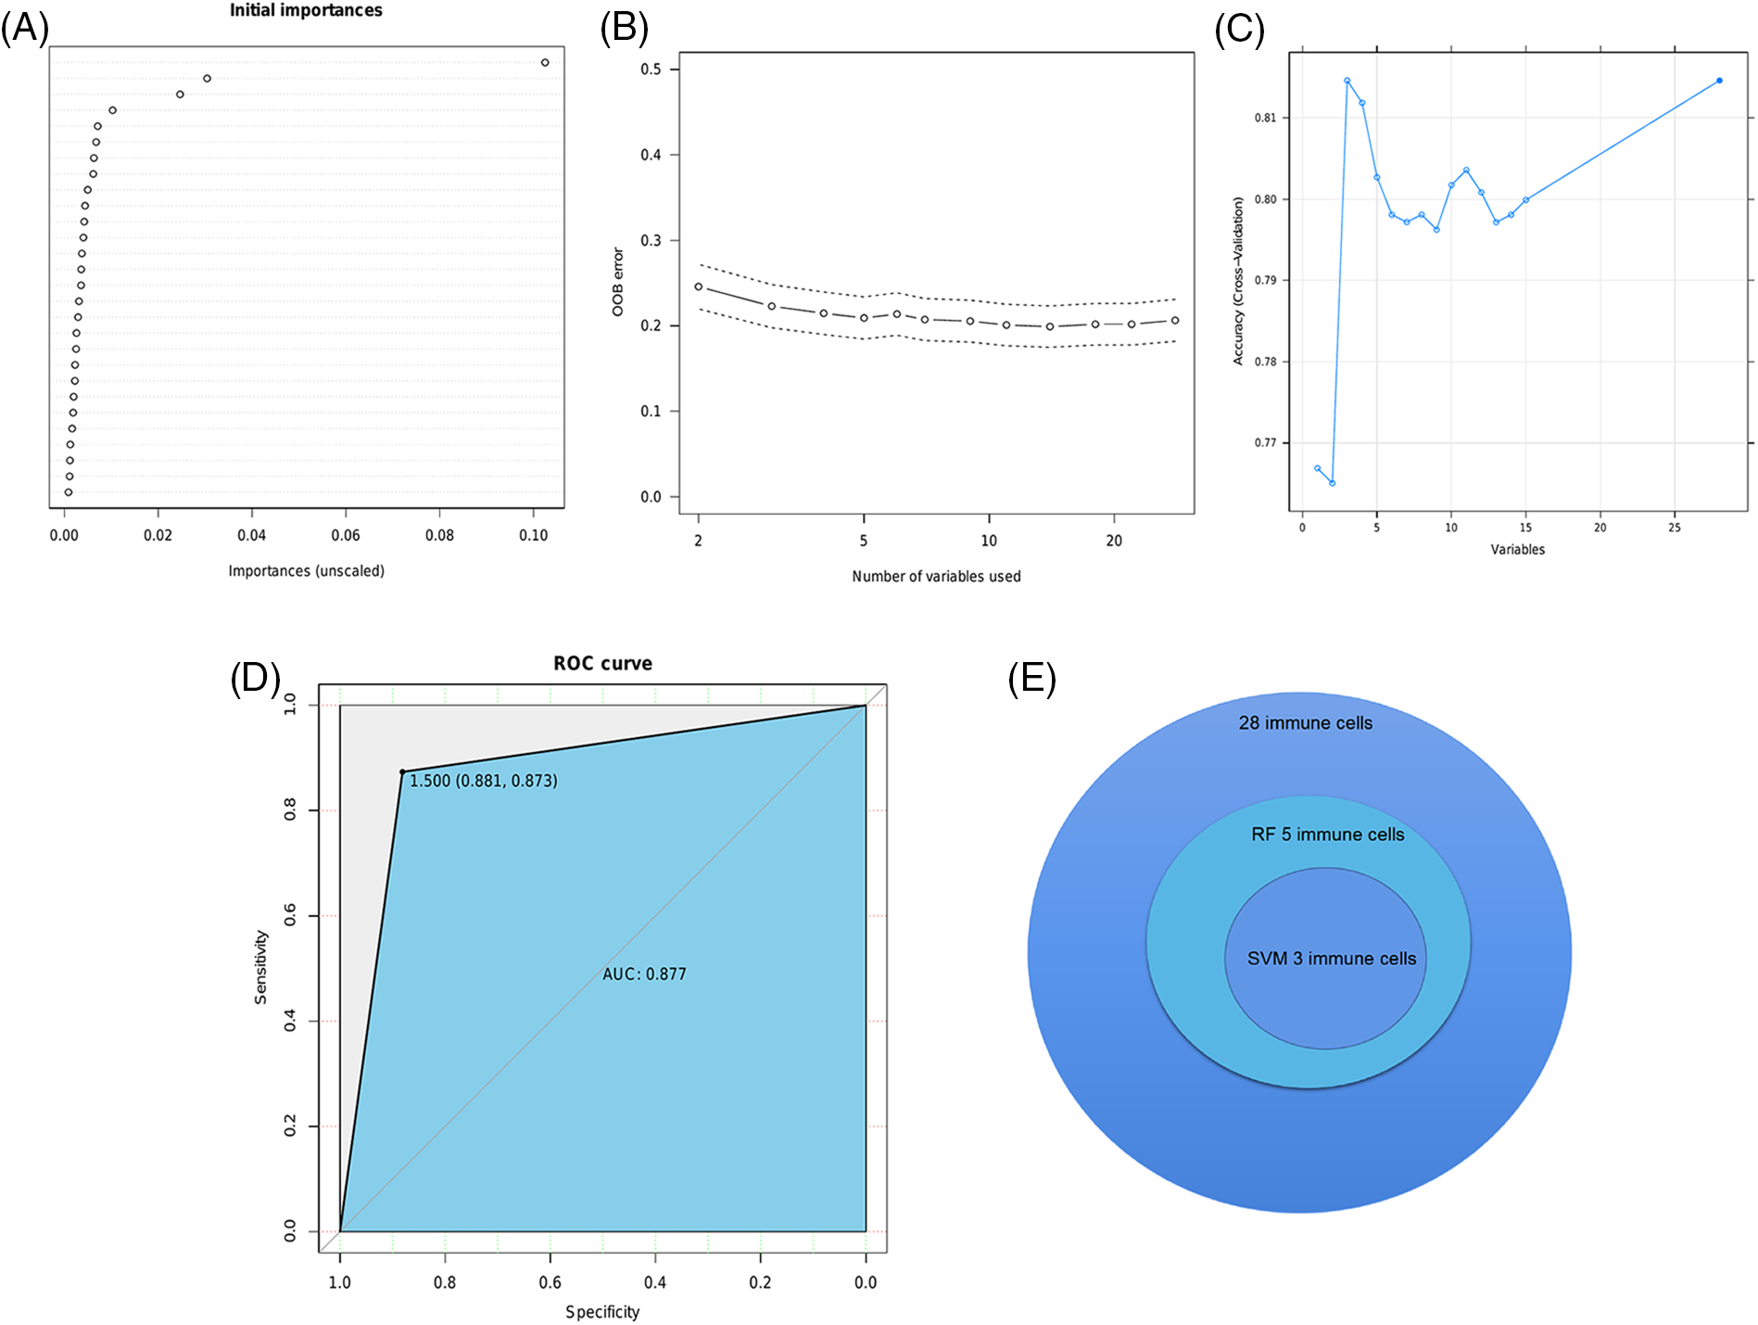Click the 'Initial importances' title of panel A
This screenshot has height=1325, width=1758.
306,10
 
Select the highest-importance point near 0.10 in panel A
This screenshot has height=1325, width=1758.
545,63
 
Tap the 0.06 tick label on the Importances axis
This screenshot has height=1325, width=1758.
346,535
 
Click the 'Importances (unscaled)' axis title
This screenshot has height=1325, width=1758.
306,570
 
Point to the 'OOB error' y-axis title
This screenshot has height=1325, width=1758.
618,282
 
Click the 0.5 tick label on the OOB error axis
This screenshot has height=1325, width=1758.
651,70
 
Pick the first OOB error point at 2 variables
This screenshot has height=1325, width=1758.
699,287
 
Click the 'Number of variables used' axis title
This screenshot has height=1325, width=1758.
936,576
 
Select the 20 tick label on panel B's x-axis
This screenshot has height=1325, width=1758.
1114,541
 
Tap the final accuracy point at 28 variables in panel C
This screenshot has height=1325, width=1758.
1719,81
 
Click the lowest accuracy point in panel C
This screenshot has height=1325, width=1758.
1332,483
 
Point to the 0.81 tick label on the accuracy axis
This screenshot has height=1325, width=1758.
1265,118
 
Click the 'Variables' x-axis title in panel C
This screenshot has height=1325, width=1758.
1517,549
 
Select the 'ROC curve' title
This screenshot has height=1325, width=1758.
602,663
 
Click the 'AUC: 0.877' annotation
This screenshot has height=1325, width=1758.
644,974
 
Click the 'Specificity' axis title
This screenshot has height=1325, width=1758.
602,1311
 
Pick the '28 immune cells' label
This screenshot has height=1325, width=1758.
1305,722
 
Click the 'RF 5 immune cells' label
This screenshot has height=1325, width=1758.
1327,834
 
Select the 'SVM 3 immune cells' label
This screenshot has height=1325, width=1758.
1331,958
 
